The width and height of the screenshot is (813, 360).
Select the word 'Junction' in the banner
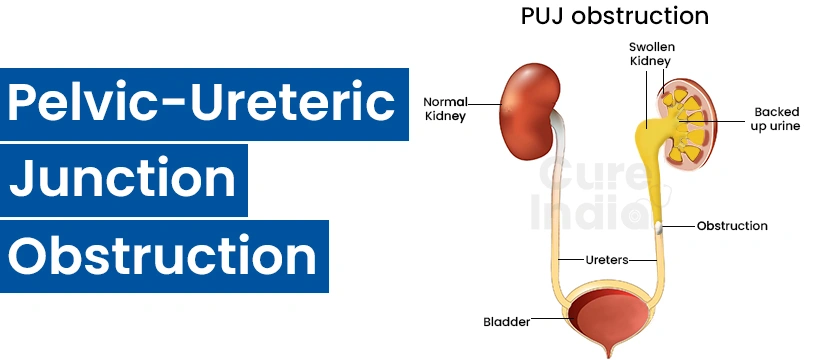pyautogui.click(x=123, y=180)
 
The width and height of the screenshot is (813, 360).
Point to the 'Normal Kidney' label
pyautogui.click(x=446, y=109)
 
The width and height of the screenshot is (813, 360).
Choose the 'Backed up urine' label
pyautogui.click(x=776, y=119)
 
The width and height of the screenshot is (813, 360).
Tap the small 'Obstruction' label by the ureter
pyautogui.click(x=732, y=226)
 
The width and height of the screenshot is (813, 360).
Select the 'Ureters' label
pyautogui.click(x=606, y=259)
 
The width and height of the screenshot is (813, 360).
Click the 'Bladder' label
pyautogui.click(x=506, y=321)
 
